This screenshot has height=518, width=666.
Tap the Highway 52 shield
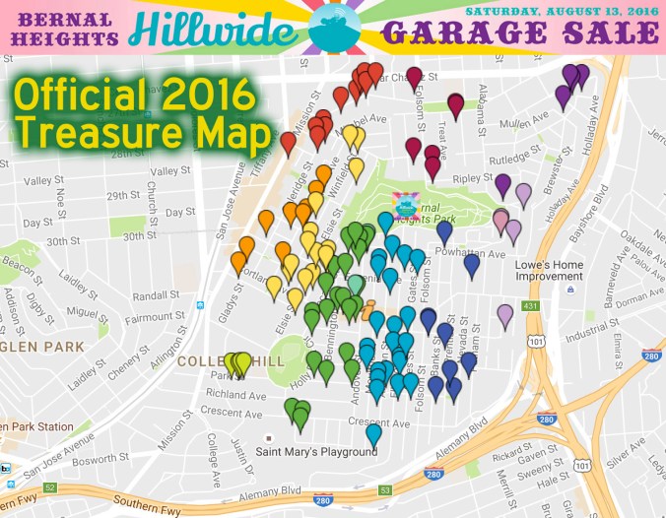[x=50, y=488]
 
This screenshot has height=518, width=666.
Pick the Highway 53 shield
[x=386, y=488]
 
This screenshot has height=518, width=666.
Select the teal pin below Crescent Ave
[x=373, y=433]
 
